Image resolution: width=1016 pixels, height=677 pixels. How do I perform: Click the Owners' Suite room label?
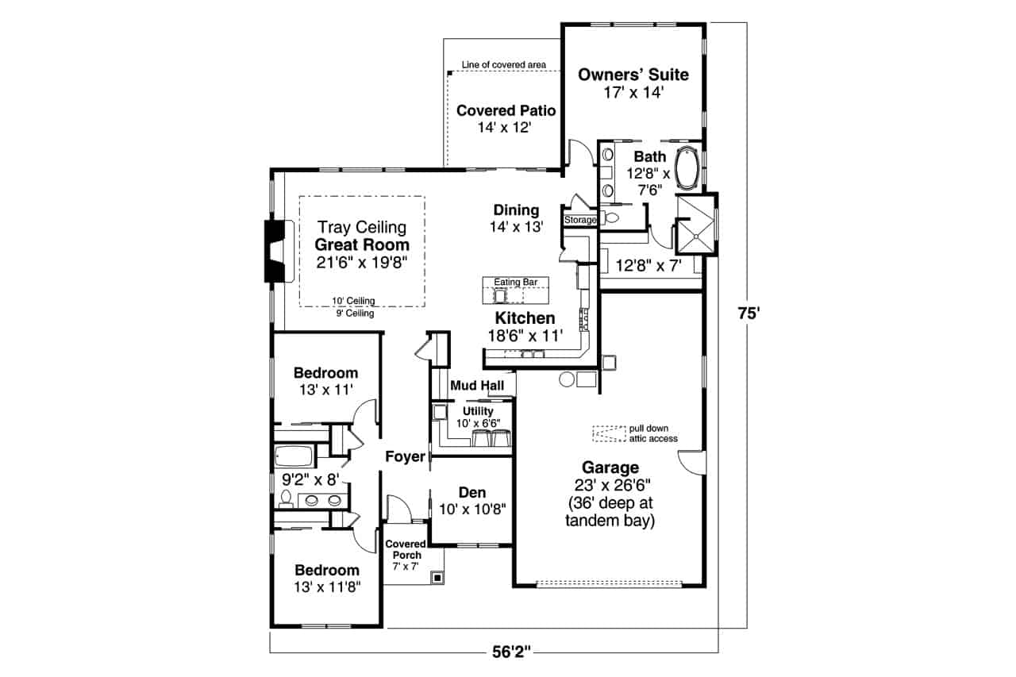[633, 75]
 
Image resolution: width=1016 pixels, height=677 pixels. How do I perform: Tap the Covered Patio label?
[506, 110]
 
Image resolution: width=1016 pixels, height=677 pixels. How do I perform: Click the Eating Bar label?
[517, 282]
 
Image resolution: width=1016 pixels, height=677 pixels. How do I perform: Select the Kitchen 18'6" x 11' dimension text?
[525, 336]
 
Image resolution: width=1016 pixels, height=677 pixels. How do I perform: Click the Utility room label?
[478, 411]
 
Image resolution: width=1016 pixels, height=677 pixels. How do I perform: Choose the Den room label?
[472, 492]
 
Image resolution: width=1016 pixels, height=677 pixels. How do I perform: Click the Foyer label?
[405, 456]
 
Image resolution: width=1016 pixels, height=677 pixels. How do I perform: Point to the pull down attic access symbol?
[608, 433]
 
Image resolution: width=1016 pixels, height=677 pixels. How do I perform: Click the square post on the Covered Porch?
[437, 578]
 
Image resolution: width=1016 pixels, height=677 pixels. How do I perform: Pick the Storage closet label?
[579, 220]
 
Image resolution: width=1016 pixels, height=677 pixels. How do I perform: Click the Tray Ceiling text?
[362, 228]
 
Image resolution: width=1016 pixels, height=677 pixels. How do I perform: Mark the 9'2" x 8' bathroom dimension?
[311, 479]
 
